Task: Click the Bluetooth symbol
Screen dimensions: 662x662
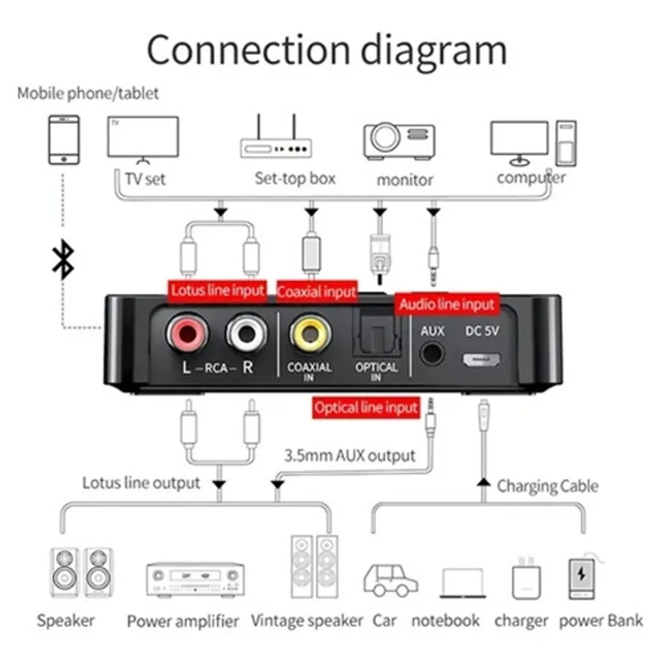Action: click(63, 259)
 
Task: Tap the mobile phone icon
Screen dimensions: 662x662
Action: click(64, 140)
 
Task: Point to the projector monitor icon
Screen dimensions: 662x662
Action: click(399, 140)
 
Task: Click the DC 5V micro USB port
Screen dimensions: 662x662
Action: click(481, 360)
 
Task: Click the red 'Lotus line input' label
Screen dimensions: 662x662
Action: click(217, 291)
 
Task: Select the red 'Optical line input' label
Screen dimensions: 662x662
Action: click(366, 408)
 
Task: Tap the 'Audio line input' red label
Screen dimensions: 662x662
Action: click(447, 305)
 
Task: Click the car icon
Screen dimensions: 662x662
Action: click(390, 580)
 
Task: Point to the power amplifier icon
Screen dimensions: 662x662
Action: click(195, 579)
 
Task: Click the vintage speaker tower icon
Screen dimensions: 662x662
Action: click(314, 567)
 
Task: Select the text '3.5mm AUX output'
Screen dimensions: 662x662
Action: click(350, 456)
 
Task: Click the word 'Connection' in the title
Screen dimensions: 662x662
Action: click(249, 50)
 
